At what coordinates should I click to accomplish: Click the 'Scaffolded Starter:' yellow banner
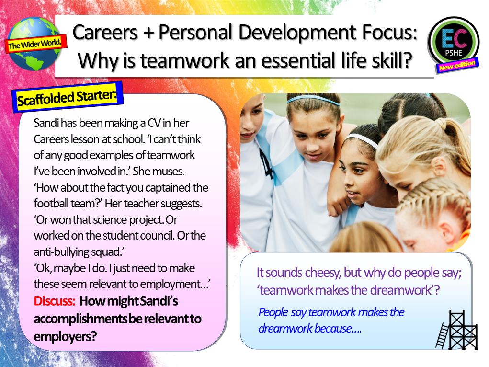coord(67,97)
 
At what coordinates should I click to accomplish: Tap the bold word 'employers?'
coord(65,336)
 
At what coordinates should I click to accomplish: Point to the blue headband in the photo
coord(313,100)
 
